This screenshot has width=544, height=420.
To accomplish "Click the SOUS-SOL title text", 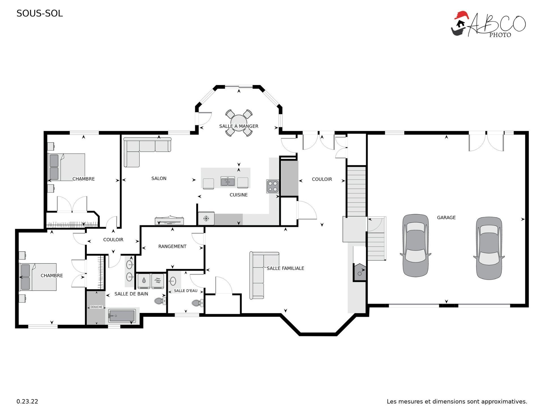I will click(40, 13).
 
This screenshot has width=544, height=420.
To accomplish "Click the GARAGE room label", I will click(446, 218).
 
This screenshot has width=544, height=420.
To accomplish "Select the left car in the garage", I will click(415, 245).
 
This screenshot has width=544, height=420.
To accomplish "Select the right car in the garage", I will click(489, 248).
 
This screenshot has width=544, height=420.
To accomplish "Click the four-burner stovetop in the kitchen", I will click(273, 186).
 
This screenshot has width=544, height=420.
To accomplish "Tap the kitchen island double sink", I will click(228, 181).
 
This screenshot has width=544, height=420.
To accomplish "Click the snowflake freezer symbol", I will click(206, 218).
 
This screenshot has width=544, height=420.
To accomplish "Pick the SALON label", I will click(159, 178).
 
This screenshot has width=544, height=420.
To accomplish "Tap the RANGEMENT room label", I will click(172, 246).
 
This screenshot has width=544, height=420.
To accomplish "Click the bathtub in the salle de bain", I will click(122, 316).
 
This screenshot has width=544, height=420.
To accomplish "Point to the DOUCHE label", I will click(96, 307).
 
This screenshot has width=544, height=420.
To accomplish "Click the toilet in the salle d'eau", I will click(197, 303).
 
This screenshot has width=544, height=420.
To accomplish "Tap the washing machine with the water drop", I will click(144, 281).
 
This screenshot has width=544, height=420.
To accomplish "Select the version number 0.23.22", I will click(27, 401).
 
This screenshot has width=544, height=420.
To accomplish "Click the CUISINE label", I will click(239, 195).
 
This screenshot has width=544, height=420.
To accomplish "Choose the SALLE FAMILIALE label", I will click(285, 268).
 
